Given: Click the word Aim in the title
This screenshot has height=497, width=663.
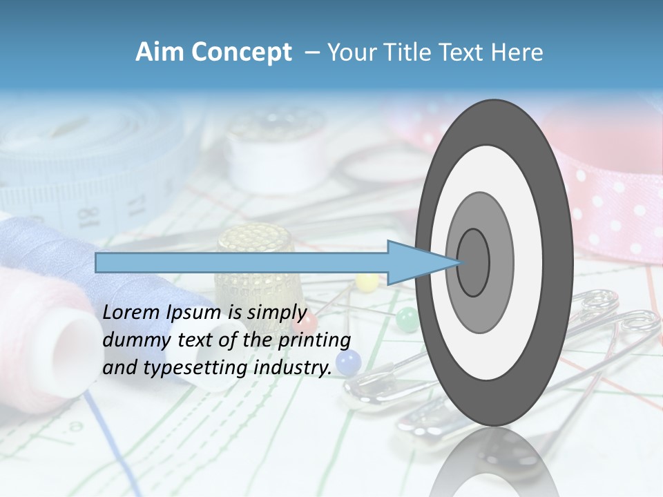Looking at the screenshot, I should (x=160, y=52).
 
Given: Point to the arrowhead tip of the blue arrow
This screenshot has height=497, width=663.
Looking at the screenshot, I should (x=461, y=262).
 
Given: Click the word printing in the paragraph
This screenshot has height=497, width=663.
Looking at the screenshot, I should (x=314, y=340).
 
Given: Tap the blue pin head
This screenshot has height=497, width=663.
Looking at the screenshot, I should (x=349, y=360).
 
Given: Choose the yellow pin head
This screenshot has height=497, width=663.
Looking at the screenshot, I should (x=367, y=281).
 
